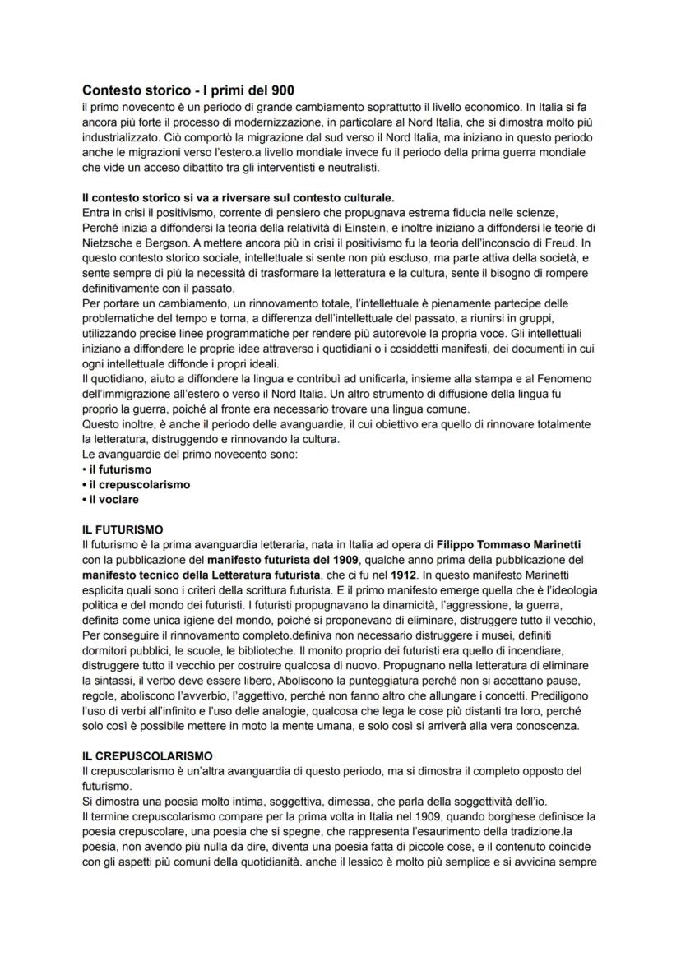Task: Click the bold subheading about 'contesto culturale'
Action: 238,197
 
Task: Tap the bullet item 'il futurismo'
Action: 120,469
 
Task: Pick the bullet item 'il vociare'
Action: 113,499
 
